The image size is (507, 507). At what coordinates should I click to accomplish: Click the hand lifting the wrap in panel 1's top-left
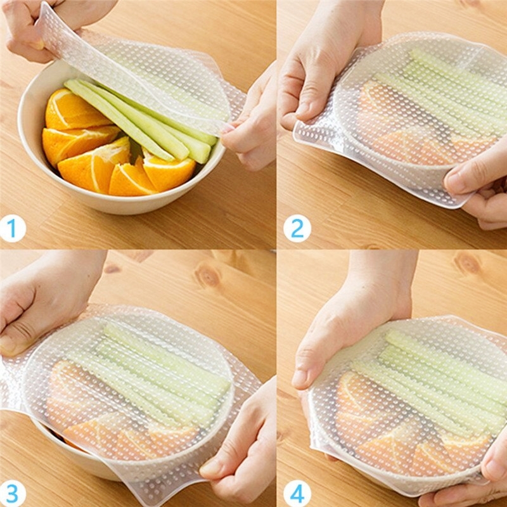click(29, 29)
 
